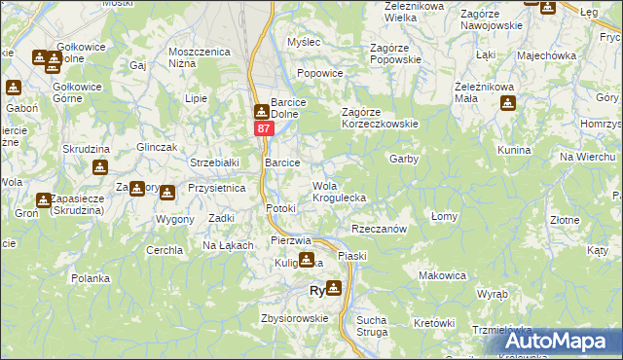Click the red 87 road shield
(x=264, y=128)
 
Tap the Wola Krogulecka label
(x=339, y=192)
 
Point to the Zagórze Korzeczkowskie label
(x=379, y=124)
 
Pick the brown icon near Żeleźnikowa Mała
(x=506, y=103)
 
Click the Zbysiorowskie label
(x=293, y=318)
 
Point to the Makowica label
(x=442, y=275)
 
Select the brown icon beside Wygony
(x=167, y=194)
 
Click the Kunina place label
(x=512, y=151)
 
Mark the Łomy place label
(x=444, y=216)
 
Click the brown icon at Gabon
(x=13, y=89)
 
